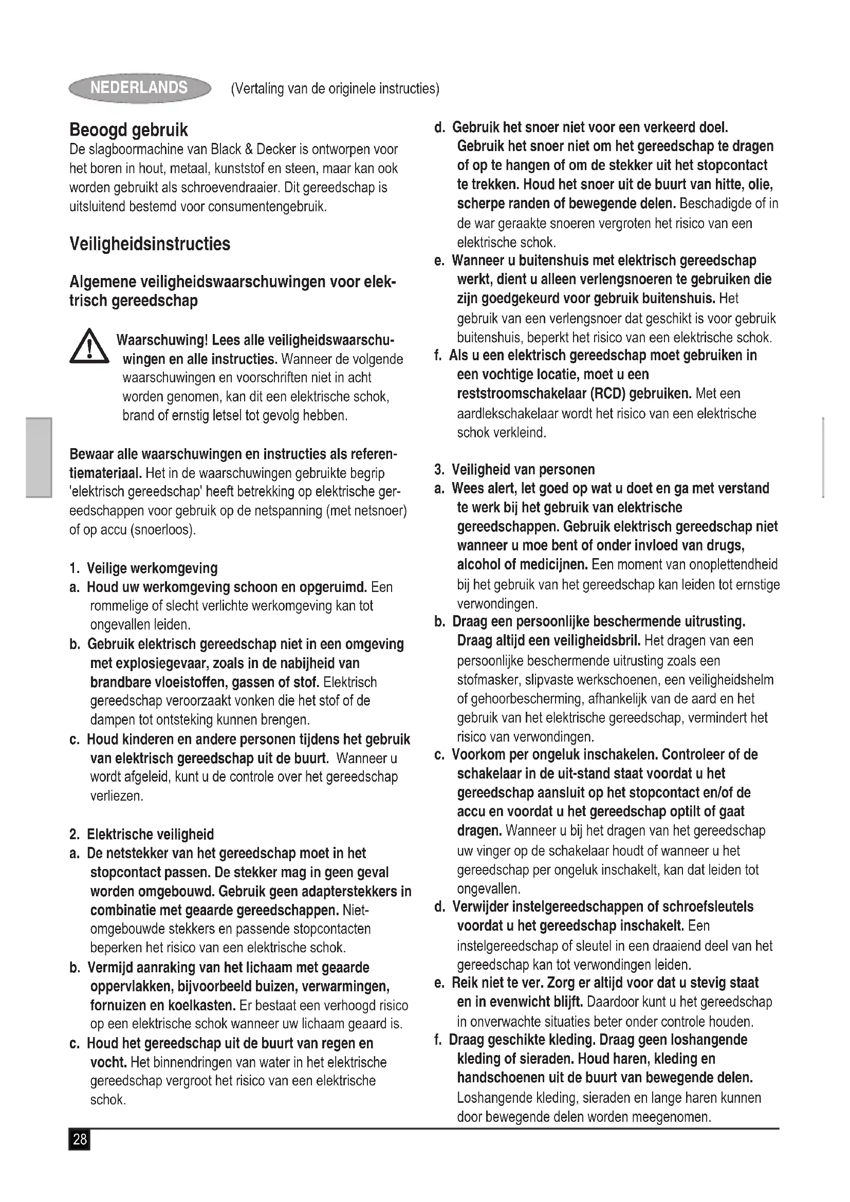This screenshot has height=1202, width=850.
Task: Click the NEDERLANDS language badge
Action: tap(139, 87)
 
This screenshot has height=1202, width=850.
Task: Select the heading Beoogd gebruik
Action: tap(128, 130)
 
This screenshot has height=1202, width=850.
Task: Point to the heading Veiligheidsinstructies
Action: tap(150, 244)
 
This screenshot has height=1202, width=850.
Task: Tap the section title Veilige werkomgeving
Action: tap(152, 568)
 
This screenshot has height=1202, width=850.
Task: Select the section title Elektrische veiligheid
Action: tap(150, 834)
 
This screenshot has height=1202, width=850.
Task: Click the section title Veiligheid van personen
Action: tap(523, 469)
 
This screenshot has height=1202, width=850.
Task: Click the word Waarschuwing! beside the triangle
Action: tap(162, 340)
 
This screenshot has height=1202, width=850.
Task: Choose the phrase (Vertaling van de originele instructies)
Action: tap(335, 88)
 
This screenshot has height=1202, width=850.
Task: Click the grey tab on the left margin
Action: tap(39, 456)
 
